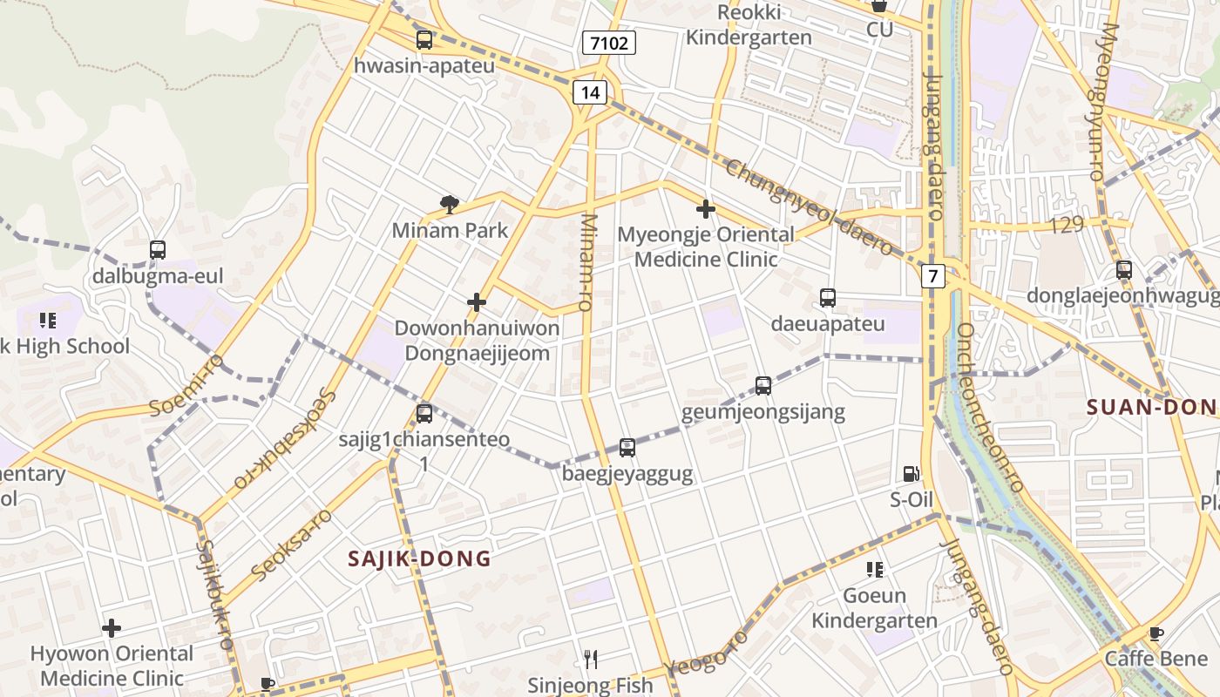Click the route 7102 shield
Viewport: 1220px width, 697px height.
pyautogui.click(x=609, y=43)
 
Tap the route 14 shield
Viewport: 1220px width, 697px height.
pyautogui.click(x=590, y=92)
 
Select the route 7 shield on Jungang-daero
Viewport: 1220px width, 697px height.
pyautogui.click(x=933, y=277)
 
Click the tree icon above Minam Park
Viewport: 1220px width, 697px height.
pyautogui.click(x=450, y=205)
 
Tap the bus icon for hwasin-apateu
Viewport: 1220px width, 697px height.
pyautogui.click(x=424, y=40)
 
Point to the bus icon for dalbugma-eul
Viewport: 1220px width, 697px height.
pyautogui.click(x=158, y=250)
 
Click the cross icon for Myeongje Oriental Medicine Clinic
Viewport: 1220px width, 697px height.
pyautogui.click(x=706, y=209)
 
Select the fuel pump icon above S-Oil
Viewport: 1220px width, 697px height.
pyautogui.click(x=912, y=474)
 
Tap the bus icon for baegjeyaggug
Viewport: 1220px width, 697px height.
pyautogui.click(x=627, y=448)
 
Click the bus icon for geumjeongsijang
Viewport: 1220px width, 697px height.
pyautogui.click(x=763, y=385)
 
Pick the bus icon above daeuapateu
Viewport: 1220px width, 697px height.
pyautogui.click(x=828, y=298)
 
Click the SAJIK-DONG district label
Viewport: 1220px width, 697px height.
pyautogui.click(x=420, y=558)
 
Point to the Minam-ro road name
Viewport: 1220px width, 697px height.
pyautogui.click(x=587, y=262)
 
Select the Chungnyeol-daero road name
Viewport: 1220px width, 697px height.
pyautogui.click(x=809, y=207)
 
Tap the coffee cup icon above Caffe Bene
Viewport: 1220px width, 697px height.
pyautogui.click(x=1156, y=633)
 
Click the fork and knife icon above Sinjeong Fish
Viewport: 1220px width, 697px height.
pyautogui.click(x=591, y=660)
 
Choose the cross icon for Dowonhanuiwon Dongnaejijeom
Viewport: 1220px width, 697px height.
pyautogui.click(x=477, y=302)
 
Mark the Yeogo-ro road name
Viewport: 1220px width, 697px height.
pyautogui.click(x=706, y=653)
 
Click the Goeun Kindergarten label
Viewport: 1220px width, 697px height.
pyautogui.click(x=874, y=608)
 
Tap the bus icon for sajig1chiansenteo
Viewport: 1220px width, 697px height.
pyautogui.click(x=424, y=413)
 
